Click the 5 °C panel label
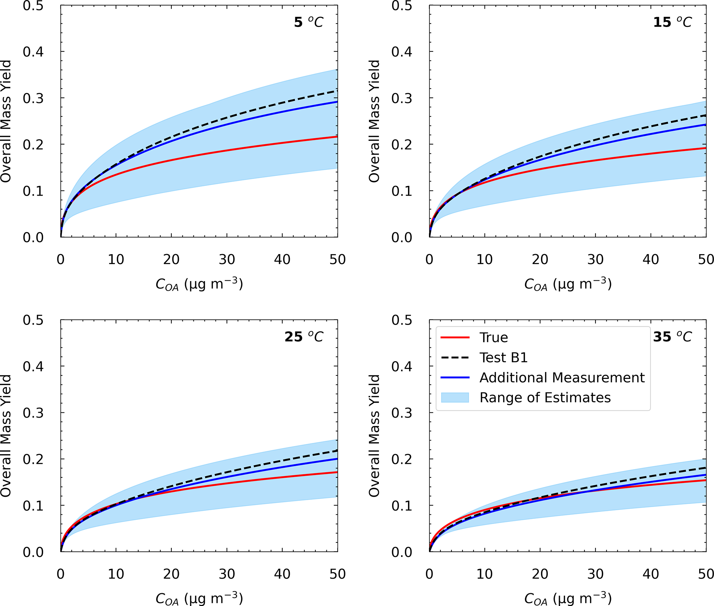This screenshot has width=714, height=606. click(308, 22)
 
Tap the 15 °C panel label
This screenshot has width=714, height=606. click(672, 22)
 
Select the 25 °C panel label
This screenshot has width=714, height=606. click(304, 337)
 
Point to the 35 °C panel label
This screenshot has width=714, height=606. click(672, 337)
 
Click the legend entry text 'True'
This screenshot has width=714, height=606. click(494, 337)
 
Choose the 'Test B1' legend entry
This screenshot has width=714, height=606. click(504, 357)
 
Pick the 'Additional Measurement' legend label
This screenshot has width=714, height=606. click(562, 377)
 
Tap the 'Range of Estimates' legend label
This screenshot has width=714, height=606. click(545, 398)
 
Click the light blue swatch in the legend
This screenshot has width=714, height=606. click(455, 398)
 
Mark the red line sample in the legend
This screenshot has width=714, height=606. click(455, 337)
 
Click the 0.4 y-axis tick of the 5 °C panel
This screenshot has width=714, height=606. click(33, 52)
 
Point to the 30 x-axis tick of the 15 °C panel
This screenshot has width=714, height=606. click(595, 259)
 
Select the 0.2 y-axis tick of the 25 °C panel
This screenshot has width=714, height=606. click(33, 459)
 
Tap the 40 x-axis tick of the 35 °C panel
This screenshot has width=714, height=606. click(651, 574)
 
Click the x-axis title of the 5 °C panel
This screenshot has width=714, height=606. click(199, 284)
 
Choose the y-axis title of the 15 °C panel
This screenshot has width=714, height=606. click(374, 121)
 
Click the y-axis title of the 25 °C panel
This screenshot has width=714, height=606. click(6, 436)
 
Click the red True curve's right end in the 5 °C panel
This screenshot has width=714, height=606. click(336, 137)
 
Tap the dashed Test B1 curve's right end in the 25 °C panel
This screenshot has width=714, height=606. click(336, 451)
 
